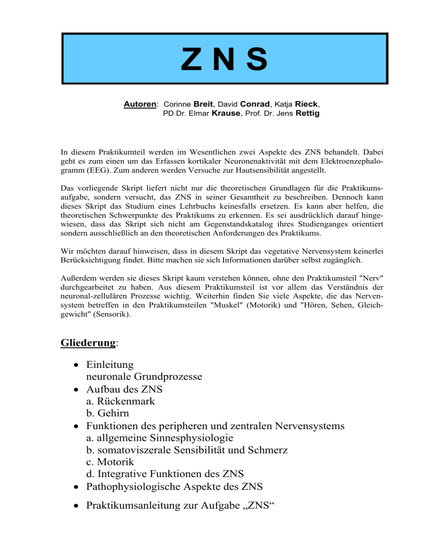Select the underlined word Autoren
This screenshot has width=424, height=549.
pyautogui.click(x=141, y=103)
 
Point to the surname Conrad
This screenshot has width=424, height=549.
pyautogui.click(x=254, y=103)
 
